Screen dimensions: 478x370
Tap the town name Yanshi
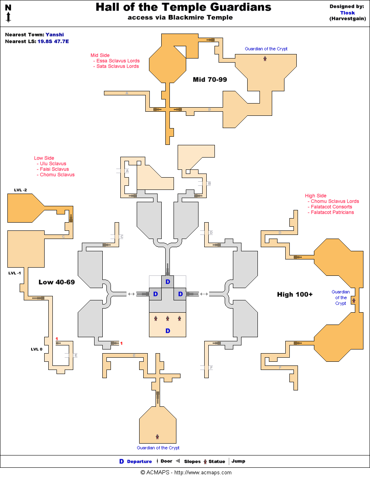coord(54,35)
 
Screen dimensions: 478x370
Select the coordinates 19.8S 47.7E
coord(53,41)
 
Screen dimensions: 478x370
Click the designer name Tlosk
coord(347,13)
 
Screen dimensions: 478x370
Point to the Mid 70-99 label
coord(210,80)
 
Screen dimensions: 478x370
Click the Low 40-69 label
coord(56,282)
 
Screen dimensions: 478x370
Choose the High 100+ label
coord(295,294)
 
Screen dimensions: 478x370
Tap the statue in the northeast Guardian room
coord(265,59)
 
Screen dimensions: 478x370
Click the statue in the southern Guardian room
coord(157,437)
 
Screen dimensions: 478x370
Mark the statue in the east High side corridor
coord(354,300)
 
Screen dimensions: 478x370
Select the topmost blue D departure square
coord(167,282)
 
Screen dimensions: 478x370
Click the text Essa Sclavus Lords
coord(118,61)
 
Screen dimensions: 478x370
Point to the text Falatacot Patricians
coord(332,212)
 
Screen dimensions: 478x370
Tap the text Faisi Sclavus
coord(54,169)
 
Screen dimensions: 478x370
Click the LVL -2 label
coord(20,190)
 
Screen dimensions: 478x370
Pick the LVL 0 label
coord(37,349)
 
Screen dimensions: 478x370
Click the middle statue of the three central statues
coord(167,318)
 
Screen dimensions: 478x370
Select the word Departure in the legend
coord(139,462)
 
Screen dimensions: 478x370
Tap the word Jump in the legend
coord(238,461)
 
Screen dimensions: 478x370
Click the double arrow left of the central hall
coord(131,294)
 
